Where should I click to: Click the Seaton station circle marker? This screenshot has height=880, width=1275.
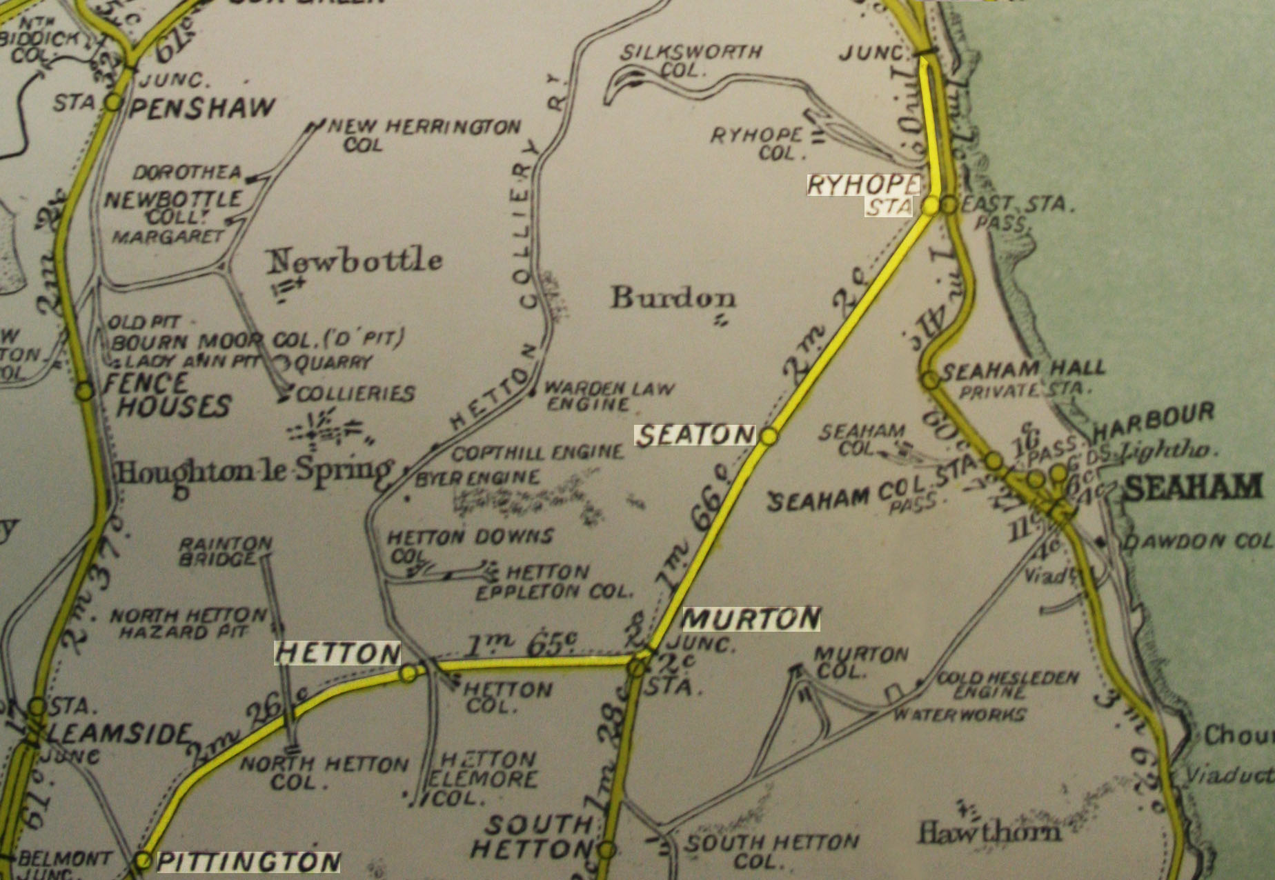click(x=769, y=436)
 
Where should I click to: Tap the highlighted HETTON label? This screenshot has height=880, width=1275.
click(x=337, y=653)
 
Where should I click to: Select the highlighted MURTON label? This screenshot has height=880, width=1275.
click(x=751, y=619)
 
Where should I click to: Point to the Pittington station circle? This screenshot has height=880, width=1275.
click(x=143, y=860)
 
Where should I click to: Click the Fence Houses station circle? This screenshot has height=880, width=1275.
click(x=85, y=391)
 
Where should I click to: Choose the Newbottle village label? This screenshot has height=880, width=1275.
click(x=355, y=261)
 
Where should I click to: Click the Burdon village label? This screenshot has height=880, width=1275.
click(x=673, y=298)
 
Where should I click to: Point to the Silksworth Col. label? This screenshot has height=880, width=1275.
click(x=690, y=61)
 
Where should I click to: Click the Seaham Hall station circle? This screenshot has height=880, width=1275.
click(x=930, y=379)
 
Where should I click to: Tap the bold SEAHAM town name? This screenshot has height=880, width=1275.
click(x=1194, y=488)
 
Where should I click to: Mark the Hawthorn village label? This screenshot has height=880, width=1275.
click(x=988, y=833)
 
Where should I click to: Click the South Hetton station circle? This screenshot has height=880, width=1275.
click(x=606, y=849)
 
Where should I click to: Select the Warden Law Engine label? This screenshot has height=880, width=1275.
click(x=608, y=395)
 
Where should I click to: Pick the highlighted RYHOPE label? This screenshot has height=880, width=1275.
click(x=863, y=185)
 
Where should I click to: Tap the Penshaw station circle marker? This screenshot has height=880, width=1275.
click(x=112, y=103)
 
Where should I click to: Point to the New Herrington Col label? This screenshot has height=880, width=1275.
click(x=423, y=134)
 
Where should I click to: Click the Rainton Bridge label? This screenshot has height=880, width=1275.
click(x=226, y=551)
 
